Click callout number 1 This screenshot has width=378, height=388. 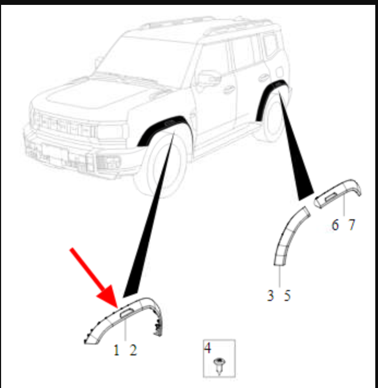pos(116,350)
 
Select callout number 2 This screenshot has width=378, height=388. pos(133,350)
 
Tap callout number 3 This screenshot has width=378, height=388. pos(271,295)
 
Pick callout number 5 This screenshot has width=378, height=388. pos(287,295)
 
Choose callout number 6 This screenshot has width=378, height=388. pos(335,225)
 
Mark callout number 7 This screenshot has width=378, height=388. pos(352,225)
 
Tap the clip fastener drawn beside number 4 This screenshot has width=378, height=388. pos(219,366)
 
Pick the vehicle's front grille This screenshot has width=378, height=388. pos(63,124)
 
